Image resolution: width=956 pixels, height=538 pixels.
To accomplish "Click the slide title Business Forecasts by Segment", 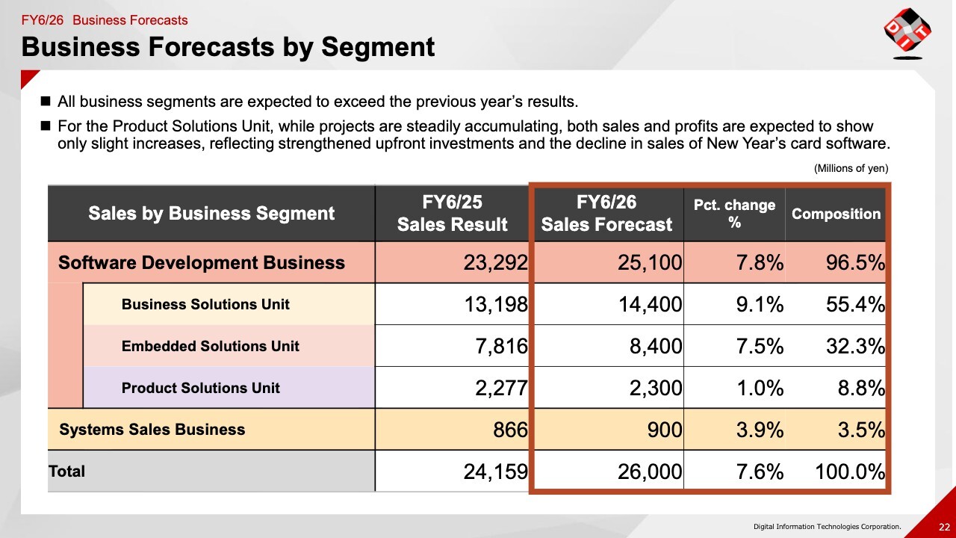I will click(x=228, y=47).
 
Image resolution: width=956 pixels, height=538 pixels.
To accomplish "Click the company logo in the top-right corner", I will click(x=907, y=33).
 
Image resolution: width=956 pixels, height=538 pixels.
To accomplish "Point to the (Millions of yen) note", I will click(x=851, y=169).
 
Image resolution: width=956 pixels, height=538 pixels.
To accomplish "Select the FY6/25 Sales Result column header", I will click(x=452, y=214).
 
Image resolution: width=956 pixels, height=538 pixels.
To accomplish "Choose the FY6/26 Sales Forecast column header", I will click(x=606, y=214).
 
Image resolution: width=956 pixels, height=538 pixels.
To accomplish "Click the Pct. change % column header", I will click(x=734, y=214).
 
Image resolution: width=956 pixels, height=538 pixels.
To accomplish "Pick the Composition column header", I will click(x=836, y=214).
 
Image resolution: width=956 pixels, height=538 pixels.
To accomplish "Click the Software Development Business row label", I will click(x=202, y=263).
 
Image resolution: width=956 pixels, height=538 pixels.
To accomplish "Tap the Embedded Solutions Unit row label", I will click(x=210, y=347).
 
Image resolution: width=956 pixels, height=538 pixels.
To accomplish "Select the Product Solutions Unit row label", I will click(x=200, y=389).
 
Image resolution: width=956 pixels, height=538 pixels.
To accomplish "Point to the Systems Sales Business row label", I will click(x=152, y=430).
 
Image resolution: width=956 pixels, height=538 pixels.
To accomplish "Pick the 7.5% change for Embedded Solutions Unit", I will click(x=759, y=347).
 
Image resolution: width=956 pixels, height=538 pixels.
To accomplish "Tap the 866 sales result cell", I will click(x=510, y=430).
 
